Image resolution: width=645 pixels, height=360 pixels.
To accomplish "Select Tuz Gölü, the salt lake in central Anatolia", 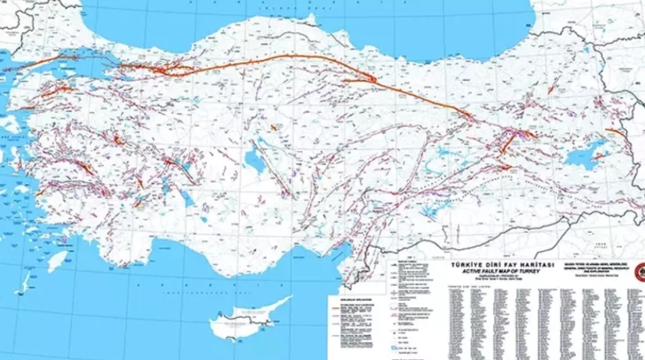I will pos(254,160).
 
